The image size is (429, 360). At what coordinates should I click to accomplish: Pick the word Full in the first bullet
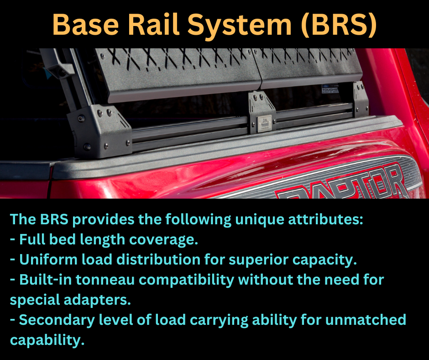point(33,239)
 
